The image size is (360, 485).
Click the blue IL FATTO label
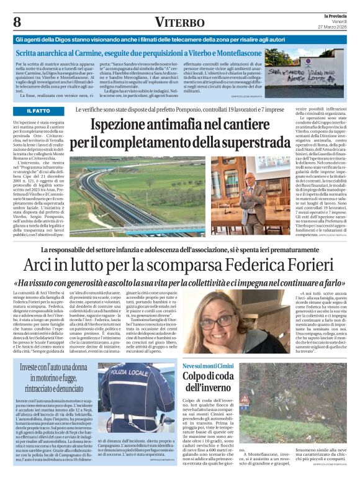tap(38, 111)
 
